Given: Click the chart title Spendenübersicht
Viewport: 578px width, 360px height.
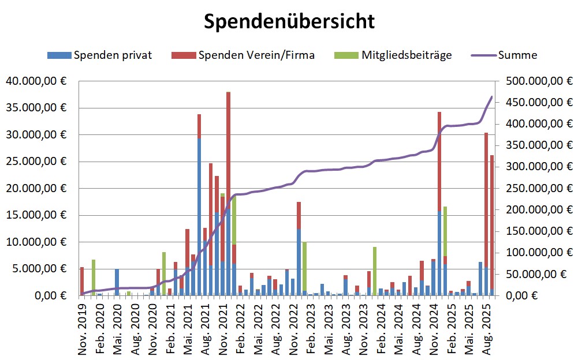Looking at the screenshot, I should pos(289,21).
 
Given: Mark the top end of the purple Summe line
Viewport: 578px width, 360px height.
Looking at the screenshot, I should pos(491,97).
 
